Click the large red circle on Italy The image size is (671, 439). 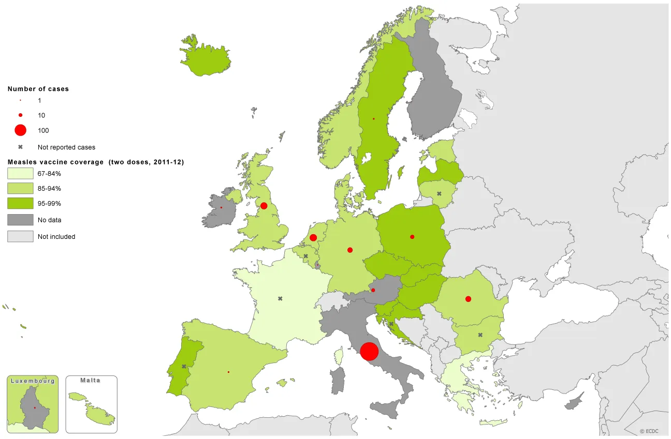tap(369, 351)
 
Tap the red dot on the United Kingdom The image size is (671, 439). tap(264, 206)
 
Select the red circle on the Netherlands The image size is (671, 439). tap(313, 237)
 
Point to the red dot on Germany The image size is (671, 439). tap(350, 250)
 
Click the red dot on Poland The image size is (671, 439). tap(412, 237)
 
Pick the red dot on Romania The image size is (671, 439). tap(468, 299)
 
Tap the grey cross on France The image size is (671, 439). tap(280, 298)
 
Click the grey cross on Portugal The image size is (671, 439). tap(184, 367)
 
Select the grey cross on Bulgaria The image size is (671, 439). tap(480, 335)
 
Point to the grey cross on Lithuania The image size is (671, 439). tap(439, 194)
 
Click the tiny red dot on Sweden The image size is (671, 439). tap(373, 119)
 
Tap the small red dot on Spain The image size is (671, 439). tap(228, 372)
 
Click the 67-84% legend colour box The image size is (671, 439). tap(20, 173)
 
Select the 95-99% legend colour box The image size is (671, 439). tap(20, 204)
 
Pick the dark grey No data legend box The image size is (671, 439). tap(20, 220)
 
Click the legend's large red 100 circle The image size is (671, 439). tap(20, 130)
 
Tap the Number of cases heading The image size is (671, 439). tap(38, 89)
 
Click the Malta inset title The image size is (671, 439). tap(91, 381)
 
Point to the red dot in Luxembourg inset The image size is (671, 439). tap(35, 407)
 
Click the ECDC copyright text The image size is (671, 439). tap(649, 431)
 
